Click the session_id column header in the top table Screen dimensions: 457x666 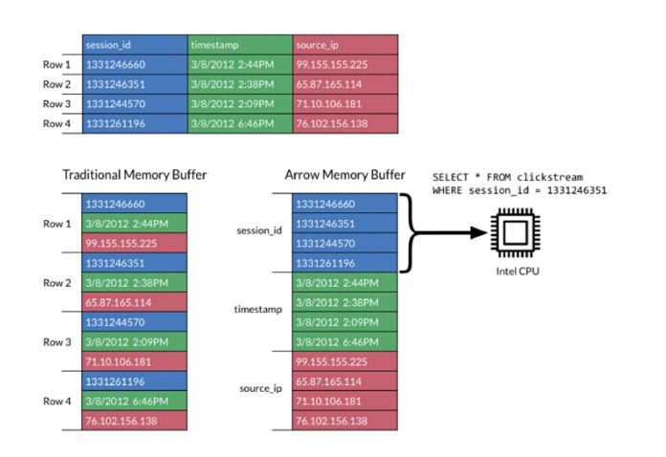(135, 44)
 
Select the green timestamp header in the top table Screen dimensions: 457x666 (240, 44)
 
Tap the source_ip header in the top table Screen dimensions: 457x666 (345, 44)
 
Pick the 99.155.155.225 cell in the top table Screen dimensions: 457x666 (345, 64)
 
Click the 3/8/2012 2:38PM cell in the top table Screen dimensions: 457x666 (240, 84)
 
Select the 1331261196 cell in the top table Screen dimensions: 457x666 (135, 123)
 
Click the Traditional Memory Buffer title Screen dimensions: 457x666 (135, 175)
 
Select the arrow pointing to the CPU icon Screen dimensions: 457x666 (450, 232)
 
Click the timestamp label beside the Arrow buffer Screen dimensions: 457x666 (258, 311)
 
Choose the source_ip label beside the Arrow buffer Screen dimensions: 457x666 (260, 390)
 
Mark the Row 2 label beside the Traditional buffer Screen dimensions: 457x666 (57, 284)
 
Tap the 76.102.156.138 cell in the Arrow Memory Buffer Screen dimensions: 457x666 (344, 422)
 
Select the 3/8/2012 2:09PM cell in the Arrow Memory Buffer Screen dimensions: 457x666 (344, 322)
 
